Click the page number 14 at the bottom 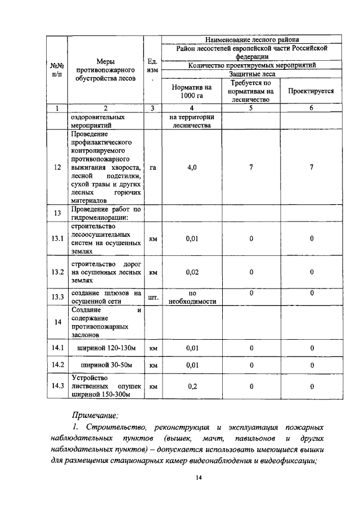point(199,478)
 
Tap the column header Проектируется point(311,91)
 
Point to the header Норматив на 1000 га point(192,91)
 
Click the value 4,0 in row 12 point(192,167)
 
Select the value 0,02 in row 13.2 point(192,272)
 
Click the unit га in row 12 point(152,167)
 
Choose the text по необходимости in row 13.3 point(192,297)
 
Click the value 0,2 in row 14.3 point(192,386)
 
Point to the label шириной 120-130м point(106,348)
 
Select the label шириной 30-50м point(106,365)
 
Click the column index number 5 point(251,107)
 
